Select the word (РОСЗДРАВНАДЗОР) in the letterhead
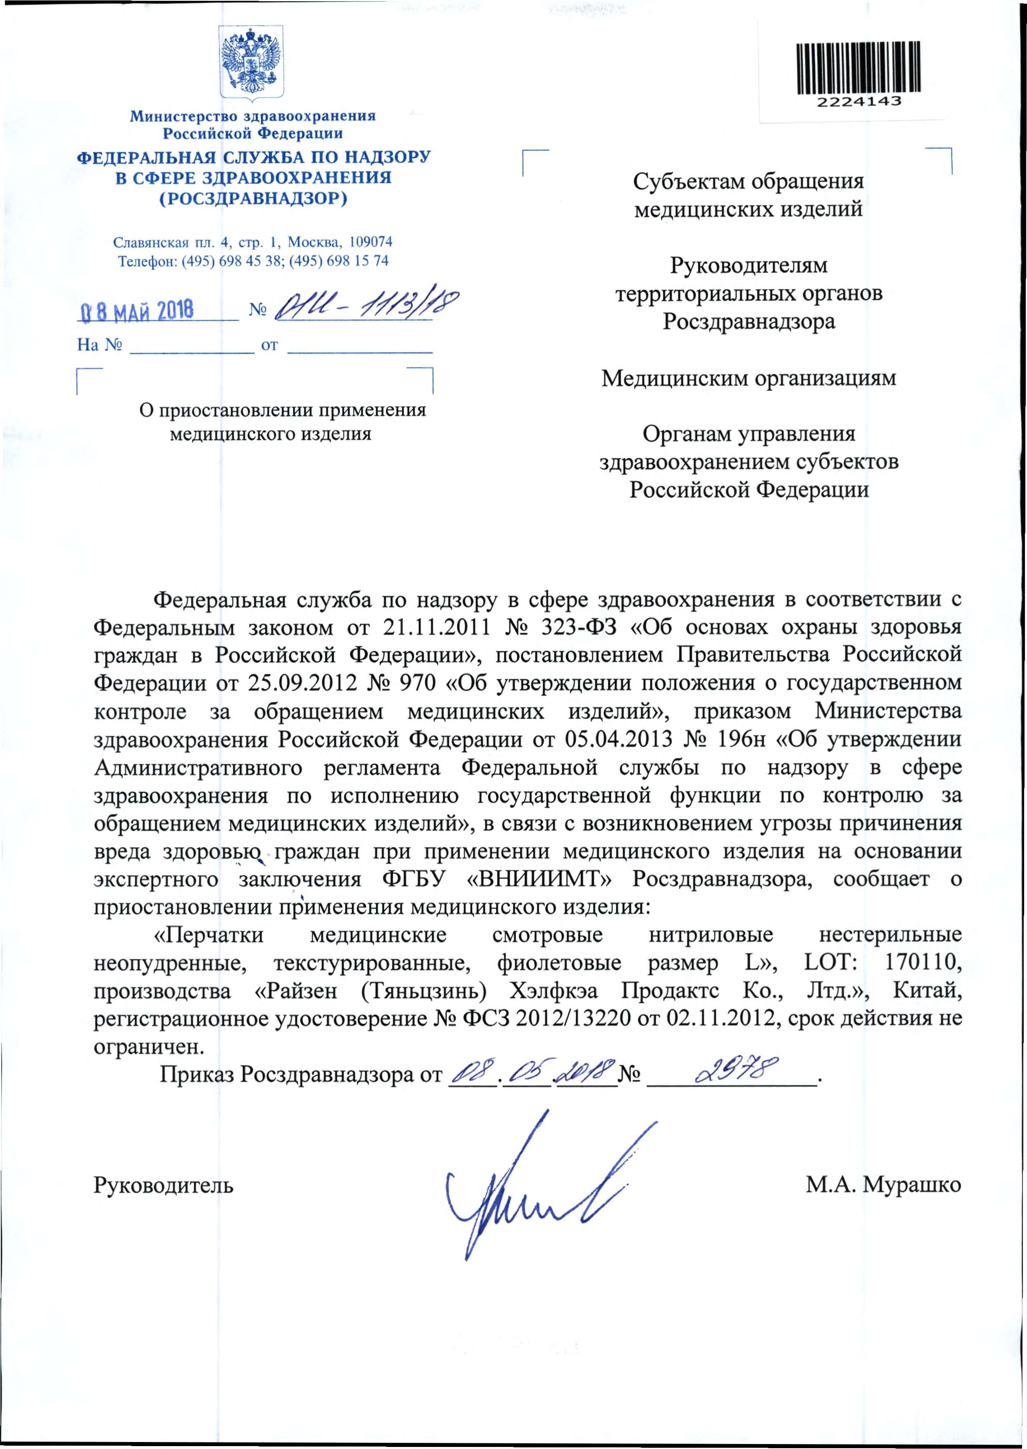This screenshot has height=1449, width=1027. [x=253, y=199]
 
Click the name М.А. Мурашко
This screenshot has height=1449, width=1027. [x=883, y=1185]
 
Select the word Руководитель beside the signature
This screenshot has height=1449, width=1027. [x=164, y=1185]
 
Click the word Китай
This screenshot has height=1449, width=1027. [x=927, y=991]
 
